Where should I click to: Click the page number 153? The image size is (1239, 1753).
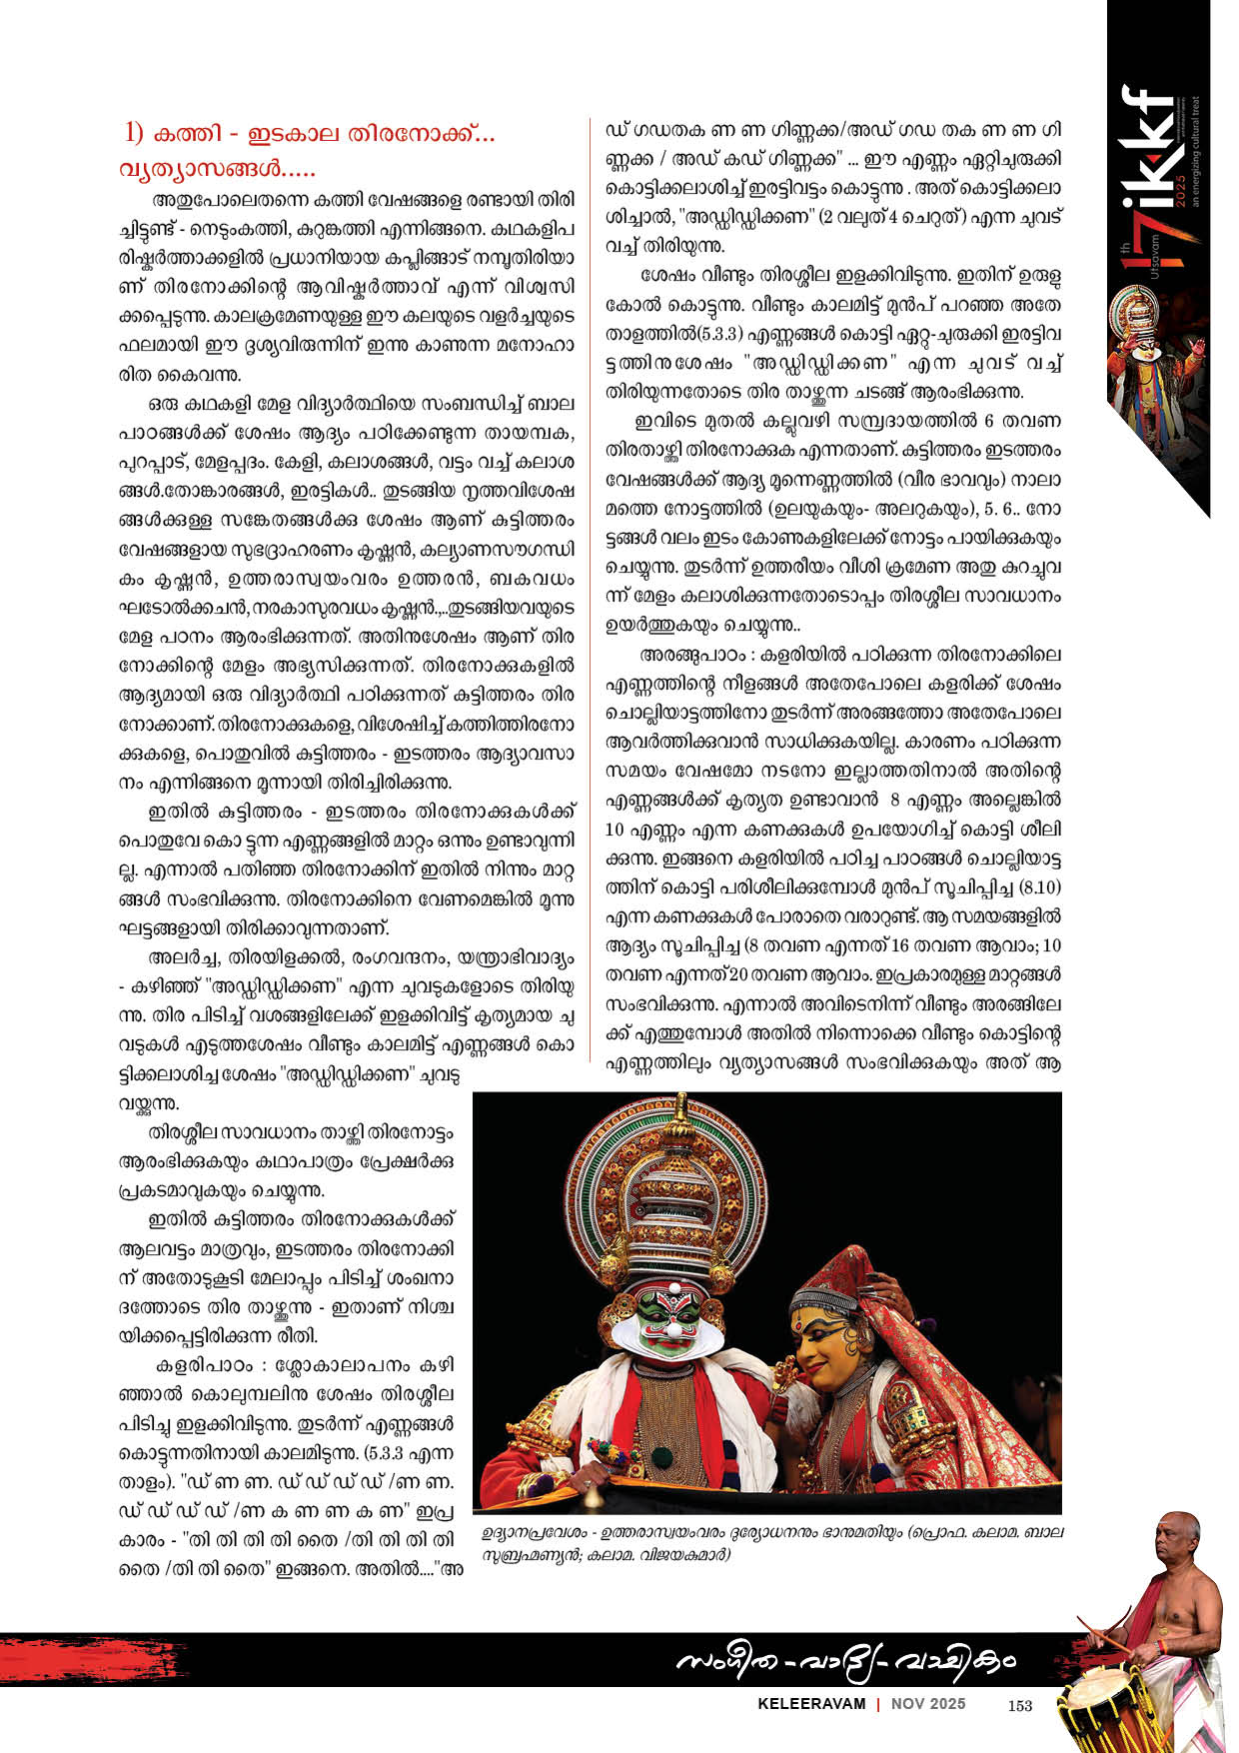tap(1019, 1706)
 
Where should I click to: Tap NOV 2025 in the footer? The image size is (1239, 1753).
tap(929, 1705)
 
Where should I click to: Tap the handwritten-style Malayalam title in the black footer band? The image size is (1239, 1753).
tap(845, 1661)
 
